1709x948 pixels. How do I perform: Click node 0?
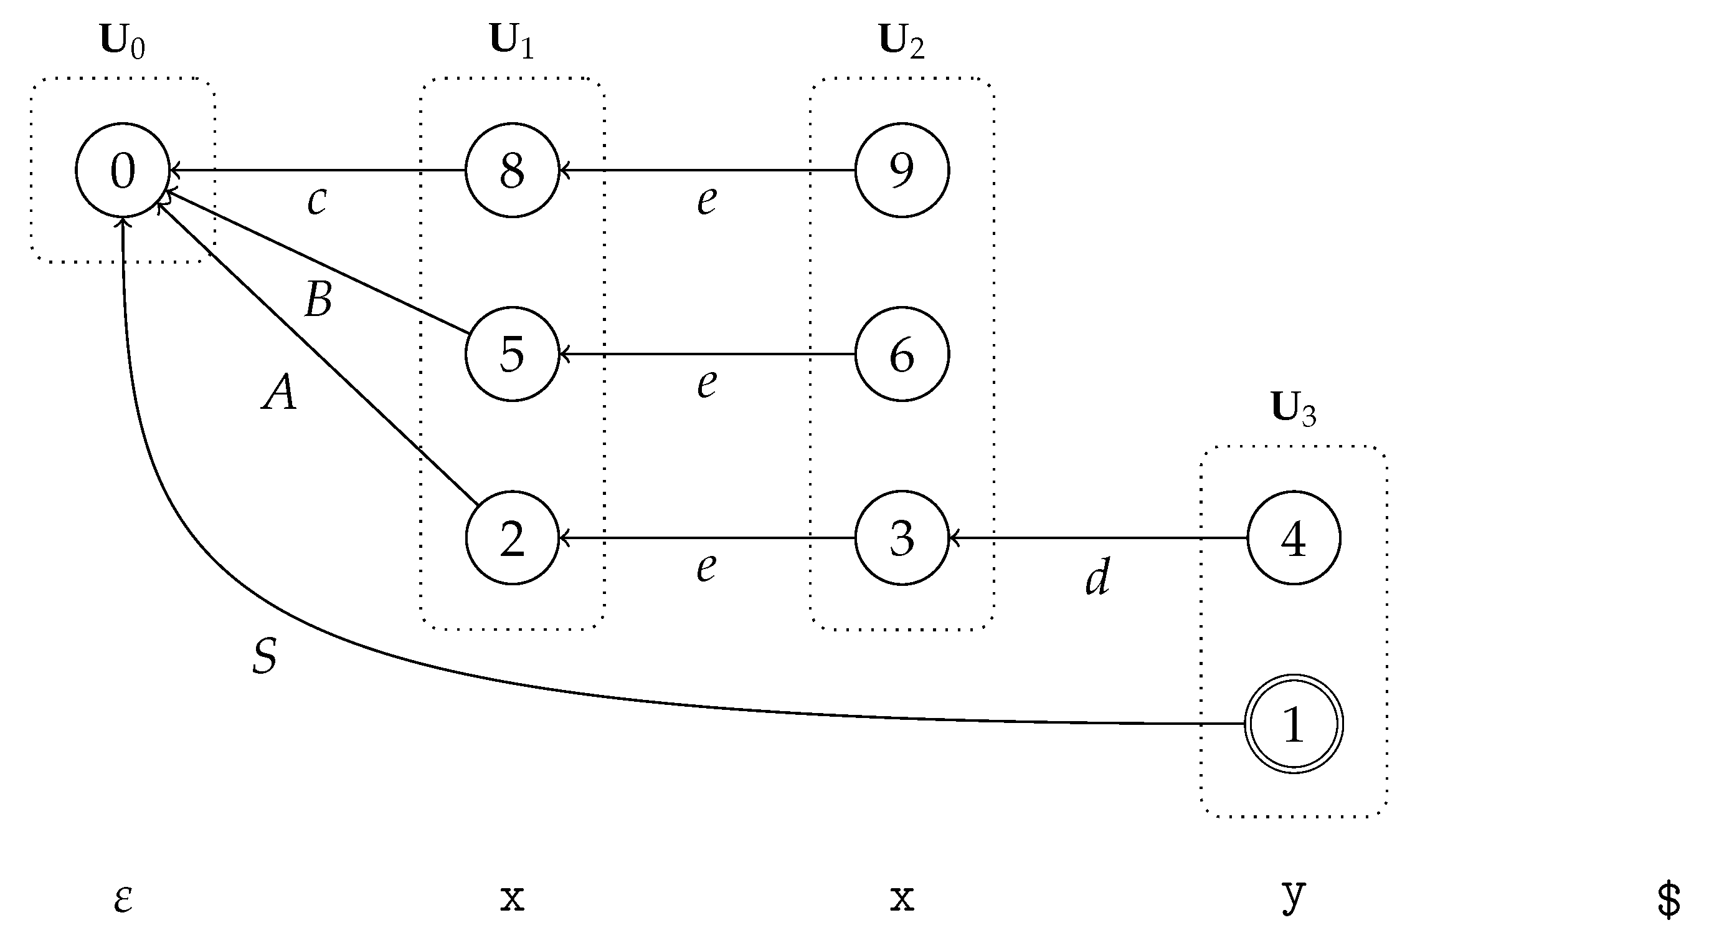(123, 170)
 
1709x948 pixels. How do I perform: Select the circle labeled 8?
(512, 170)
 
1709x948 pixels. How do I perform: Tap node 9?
(902, 170)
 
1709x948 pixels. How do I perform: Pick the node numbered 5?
(512, 354)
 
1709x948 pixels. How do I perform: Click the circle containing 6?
(902, 354)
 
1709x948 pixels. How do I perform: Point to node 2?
(512, 538)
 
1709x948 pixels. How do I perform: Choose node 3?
(902, 538)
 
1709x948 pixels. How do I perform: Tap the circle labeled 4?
(1293, 538)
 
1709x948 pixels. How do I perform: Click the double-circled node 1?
(1293, 724)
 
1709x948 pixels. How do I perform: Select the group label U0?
(122, 41)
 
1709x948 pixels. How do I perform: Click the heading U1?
(511, 41)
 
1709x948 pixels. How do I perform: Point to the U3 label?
(1293, 409)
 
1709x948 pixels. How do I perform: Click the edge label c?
(317, 200)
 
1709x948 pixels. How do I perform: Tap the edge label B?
(318, 299)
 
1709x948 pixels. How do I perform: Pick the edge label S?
(265, 656)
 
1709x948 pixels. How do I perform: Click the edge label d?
(1098, 577)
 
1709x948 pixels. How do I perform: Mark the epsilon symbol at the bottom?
(123, 899)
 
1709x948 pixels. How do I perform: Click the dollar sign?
(1669, 901)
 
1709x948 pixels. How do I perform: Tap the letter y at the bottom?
(1293, 896)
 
